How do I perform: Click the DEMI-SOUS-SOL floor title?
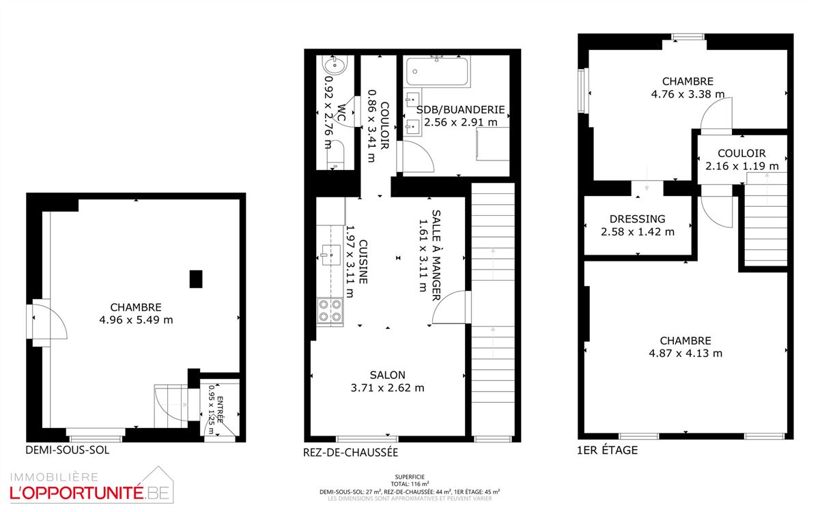(68, 450)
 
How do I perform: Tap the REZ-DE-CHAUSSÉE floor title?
(350, 453)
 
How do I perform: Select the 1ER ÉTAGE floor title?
(607, 450)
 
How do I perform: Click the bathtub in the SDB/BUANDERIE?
(437, 72)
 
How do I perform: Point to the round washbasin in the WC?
(335, 66)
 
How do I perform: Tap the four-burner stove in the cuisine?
(330, 311)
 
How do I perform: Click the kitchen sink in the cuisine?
(330, 255)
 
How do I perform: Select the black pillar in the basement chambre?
(196, 279)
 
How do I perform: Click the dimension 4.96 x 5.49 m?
(136, 320)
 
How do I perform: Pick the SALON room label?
(388, 375)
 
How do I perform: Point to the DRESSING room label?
(637, 219)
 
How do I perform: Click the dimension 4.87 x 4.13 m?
(685, 354)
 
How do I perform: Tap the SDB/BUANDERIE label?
(460, 110)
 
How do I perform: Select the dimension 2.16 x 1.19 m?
(742, 166)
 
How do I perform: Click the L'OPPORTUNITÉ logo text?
(76, 494)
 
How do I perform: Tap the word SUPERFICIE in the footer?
(410, 477)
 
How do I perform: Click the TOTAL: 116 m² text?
(410, 484)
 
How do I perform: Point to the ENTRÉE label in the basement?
(220, 410)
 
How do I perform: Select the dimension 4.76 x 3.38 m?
(688, 94)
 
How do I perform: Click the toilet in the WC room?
(335, 155)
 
